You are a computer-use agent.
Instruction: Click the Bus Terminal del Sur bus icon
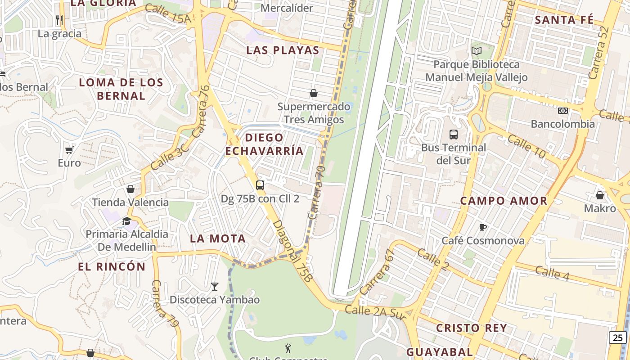coord(453,134)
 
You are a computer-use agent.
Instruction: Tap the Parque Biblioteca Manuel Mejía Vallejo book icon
coord(476,51)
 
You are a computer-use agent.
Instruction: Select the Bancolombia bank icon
coord(562,111)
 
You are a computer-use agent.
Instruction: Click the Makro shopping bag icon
coord(599,195)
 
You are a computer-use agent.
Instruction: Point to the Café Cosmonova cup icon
coord(483,227)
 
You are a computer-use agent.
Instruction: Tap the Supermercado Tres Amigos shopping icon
coord(314,94)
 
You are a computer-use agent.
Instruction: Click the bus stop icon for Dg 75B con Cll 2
coord(260,185)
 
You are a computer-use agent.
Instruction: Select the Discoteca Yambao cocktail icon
coord(215,286)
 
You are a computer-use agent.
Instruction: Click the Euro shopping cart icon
coord(69,149)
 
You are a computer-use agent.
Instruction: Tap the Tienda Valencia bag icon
coord(130,189)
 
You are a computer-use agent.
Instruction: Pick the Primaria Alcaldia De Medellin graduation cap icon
coord(126,221)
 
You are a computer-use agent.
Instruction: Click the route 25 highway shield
coord(617,337)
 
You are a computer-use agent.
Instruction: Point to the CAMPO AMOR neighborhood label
coord(504,201)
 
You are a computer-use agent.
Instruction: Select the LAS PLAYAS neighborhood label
coord(283,50)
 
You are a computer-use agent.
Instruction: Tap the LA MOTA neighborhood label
coord(218,238)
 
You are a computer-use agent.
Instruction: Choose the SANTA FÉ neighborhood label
coord(564,20)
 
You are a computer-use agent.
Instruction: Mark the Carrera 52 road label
coord(599,53)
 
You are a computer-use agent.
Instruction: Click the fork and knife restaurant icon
coord(59,20)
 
